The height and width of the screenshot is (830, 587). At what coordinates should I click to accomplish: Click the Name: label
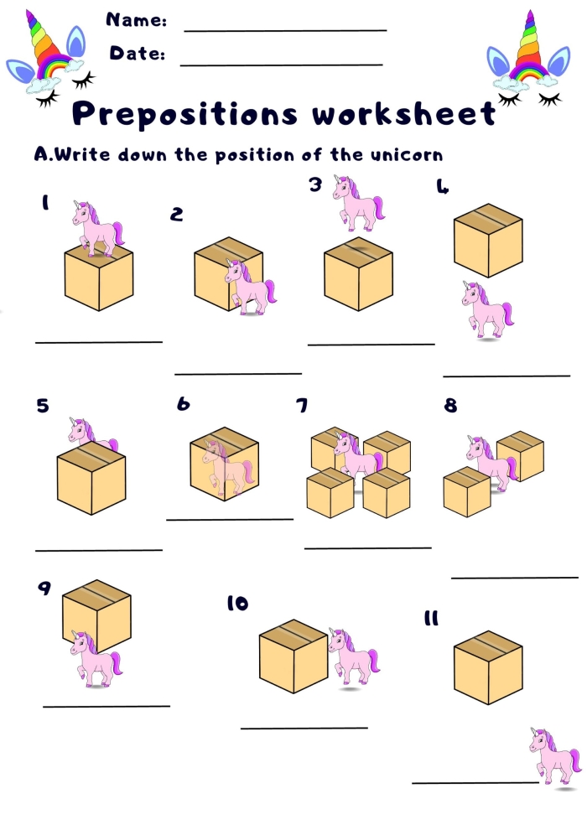(136, 20)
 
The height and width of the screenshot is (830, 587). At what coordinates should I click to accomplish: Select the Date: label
(137, 54)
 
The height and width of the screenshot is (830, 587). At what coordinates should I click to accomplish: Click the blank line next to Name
(285, 31)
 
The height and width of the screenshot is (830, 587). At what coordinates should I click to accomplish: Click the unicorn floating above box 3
(358, 202)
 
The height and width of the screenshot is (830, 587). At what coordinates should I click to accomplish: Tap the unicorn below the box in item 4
(486, 309)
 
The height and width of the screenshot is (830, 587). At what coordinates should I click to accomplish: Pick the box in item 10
(293, 656)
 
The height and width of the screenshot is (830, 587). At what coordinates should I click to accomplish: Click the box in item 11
(487, 667)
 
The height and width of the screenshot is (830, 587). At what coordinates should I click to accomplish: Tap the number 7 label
(301, 407)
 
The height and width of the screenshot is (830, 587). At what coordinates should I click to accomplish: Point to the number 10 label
(237, 604)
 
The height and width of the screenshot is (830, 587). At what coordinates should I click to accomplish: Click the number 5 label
(43, 407)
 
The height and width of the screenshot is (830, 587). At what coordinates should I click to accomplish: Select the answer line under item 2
(237, 374)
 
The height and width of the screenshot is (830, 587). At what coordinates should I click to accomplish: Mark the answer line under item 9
(106, 706)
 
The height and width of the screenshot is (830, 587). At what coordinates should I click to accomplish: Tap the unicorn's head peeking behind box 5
(82, 431)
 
